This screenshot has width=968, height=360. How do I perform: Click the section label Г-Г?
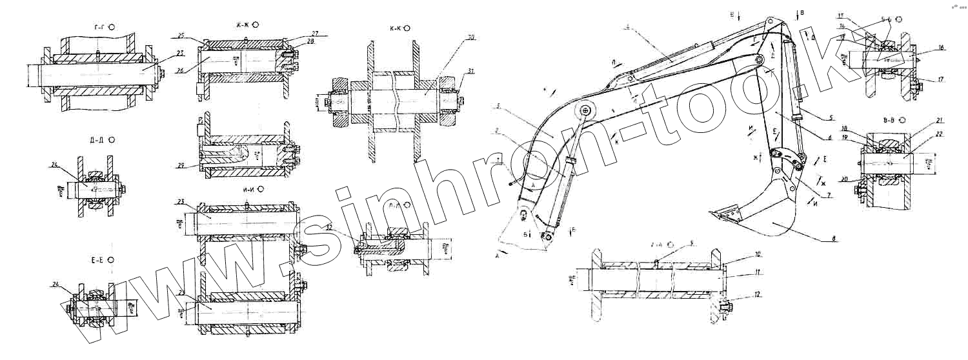tap(99, 26)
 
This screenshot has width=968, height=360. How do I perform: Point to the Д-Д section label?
tap(99, 139)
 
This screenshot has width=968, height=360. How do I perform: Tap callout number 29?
tap(182, 165)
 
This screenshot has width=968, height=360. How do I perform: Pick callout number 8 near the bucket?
tap(836, 239)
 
